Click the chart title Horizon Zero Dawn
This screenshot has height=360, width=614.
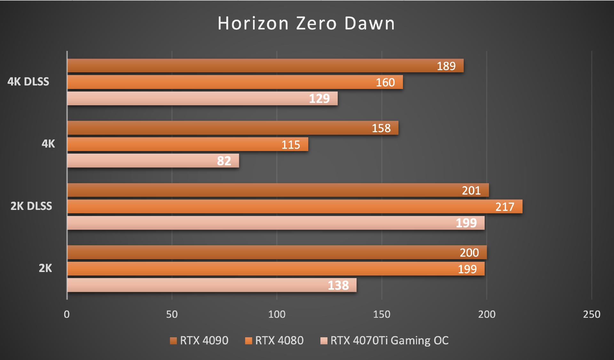click(x=306, y=23)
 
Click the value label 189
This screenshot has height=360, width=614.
click(x=446, y=66)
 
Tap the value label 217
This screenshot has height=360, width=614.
click(x=505, y=207)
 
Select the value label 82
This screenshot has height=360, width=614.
click(x=224, y=161)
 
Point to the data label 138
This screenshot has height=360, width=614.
click(x=338, y=285)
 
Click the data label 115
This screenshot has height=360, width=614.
click(x=291, y=145)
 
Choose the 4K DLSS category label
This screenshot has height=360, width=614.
click(x=28, y=82)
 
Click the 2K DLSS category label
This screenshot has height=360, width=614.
click(x=31, y=206)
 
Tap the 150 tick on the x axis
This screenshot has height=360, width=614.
click(x=382, y=314)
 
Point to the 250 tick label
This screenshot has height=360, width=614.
click(x=592, y=314)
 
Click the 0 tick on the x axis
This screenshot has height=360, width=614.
click(x=67, y=314)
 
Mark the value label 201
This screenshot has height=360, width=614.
click(x=471, y=190)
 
